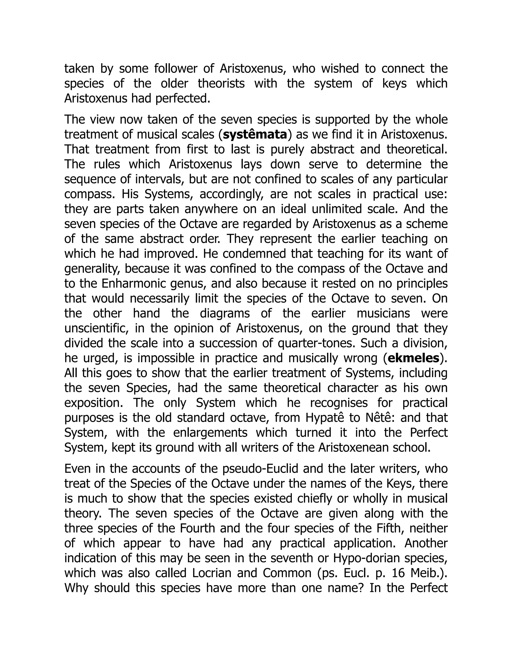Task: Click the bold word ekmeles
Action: (x=413, y=359)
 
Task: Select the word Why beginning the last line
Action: (x=76, y=588)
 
